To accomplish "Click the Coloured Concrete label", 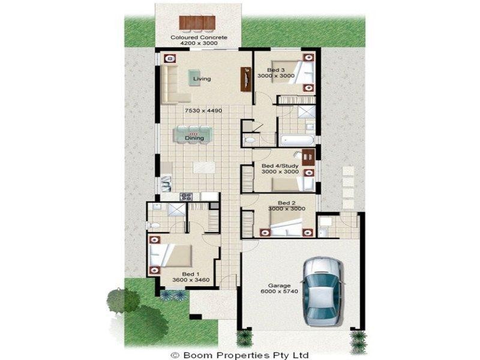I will pyautogui.click(x=199, y=37).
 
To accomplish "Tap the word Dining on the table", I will pyautogui.click(x=194, y=138).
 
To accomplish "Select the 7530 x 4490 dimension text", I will pyautogui.click(x=203, y=111).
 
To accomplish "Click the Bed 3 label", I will pyautogui.click(x=275, y=70).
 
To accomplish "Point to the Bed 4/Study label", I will pyautogui.click(x=280, y=165).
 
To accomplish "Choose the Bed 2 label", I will pyautogui.click(x=279, y=202).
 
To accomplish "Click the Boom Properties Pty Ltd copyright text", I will pyautogui.click(x=240, y=355).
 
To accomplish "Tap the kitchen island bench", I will pyautogui.click(x=201, y=167).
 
